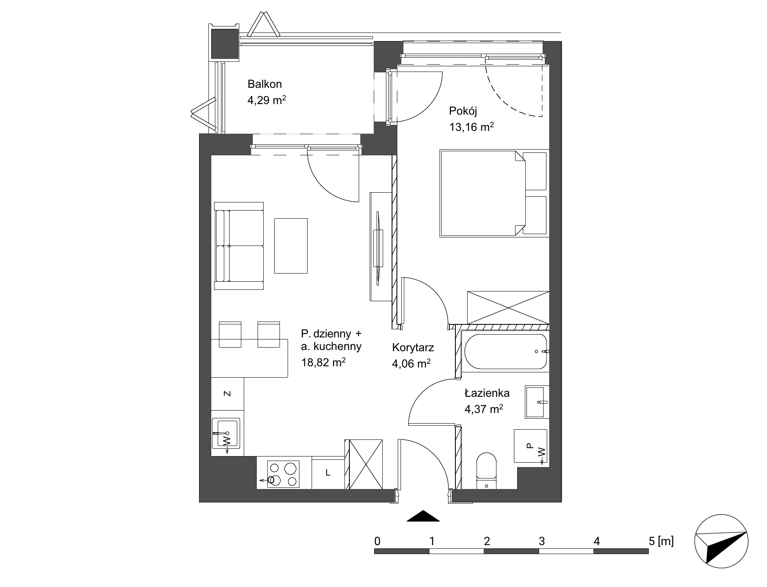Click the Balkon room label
(x=264, y=84)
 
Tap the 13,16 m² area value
(x=471, y=127)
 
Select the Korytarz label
(x=413, y=348)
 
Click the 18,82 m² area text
(x=323, y=362)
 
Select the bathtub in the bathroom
(x=505, y=351)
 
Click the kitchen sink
(x=226, y=433)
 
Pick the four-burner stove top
(x=283, y=474)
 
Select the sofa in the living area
(x=239, y=246)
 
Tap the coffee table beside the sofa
(x=290, y=246)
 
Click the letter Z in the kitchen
(x=227, y=394)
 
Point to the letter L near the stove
(x=328, y=473)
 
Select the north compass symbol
(x=721, y=540)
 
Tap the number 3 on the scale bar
(x=542, y=541)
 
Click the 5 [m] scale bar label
(x=661, y=541)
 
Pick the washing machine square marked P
(x=530, y=446)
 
